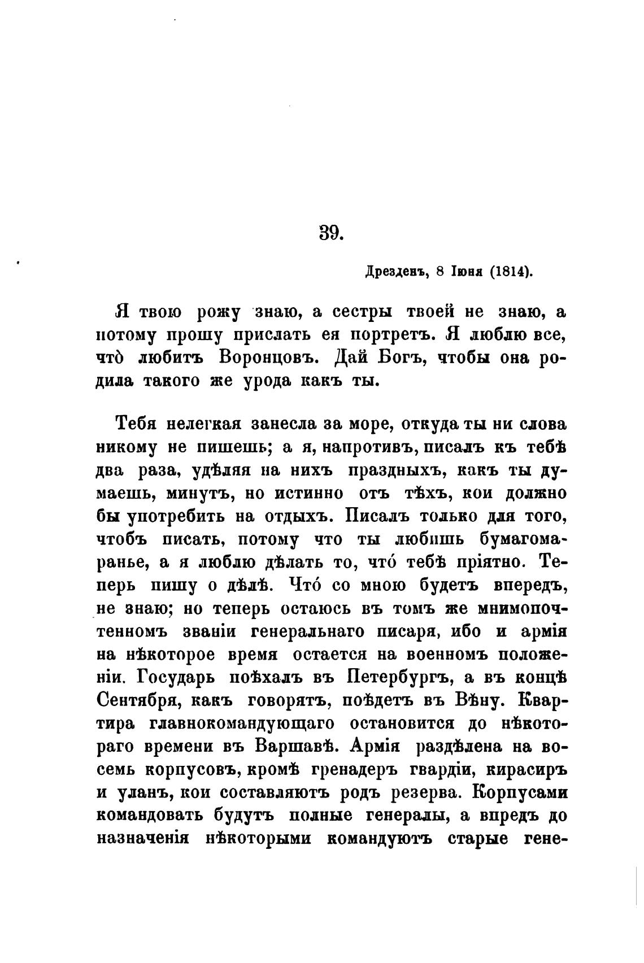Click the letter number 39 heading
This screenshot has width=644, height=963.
[331, 232]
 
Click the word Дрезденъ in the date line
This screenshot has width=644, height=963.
[394, 271]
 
